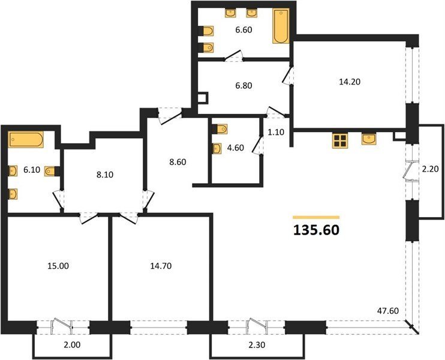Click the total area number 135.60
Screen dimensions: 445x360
[x=316, y=230]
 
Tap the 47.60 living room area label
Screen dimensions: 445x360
[x=388, y=311]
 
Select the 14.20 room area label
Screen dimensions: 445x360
[x=350, y=82]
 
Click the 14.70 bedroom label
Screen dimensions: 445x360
[x=161, y=266]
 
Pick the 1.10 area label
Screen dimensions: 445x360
[x=276, y=132]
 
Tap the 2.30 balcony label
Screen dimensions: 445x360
[x=257, y=344]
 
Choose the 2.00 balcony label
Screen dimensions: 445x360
[x=72, y=344]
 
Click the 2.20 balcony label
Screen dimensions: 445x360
[x=430, y=169]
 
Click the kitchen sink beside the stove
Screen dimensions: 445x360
[x=369, y=139]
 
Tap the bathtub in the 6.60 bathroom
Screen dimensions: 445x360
[x=281, y=26]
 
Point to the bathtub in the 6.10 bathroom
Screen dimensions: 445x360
[x=26, y=139]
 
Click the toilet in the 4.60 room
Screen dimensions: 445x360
[x=220, y=129]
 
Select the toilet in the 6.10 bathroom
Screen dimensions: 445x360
[x=51, y=171]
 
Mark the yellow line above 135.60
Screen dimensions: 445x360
[x=316, y=217]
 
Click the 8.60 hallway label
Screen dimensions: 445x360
[x=178, y=162]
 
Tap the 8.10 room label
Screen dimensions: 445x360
[x=105, y=175]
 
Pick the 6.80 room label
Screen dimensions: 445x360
[x=243, y=85]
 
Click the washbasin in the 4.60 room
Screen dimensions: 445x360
[x=217, y=148]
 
